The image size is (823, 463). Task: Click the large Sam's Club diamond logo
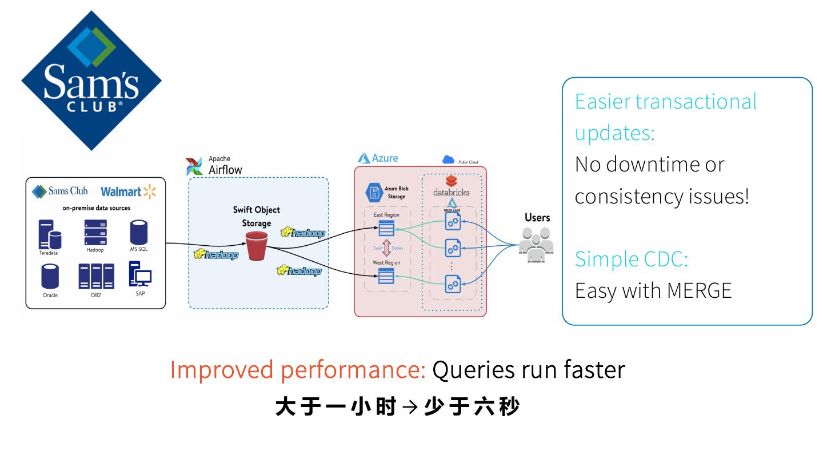click(x=91, y=80)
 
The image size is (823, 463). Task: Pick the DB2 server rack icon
click(x=96, y=276)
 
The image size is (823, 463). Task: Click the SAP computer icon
click(x=139, y=274)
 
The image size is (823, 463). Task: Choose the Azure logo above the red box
click(x=364, y=158)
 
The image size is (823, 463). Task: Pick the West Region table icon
click(x=386, y=277)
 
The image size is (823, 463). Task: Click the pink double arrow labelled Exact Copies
click(x=386, y=249)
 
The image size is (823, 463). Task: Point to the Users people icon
click(x=537, y=245)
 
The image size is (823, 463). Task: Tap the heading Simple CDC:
click(x=631, y=259)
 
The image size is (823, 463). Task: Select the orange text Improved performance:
click(x=298, y=370)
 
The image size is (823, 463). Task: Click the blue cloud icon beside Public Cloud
click(x=449, y=161)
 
